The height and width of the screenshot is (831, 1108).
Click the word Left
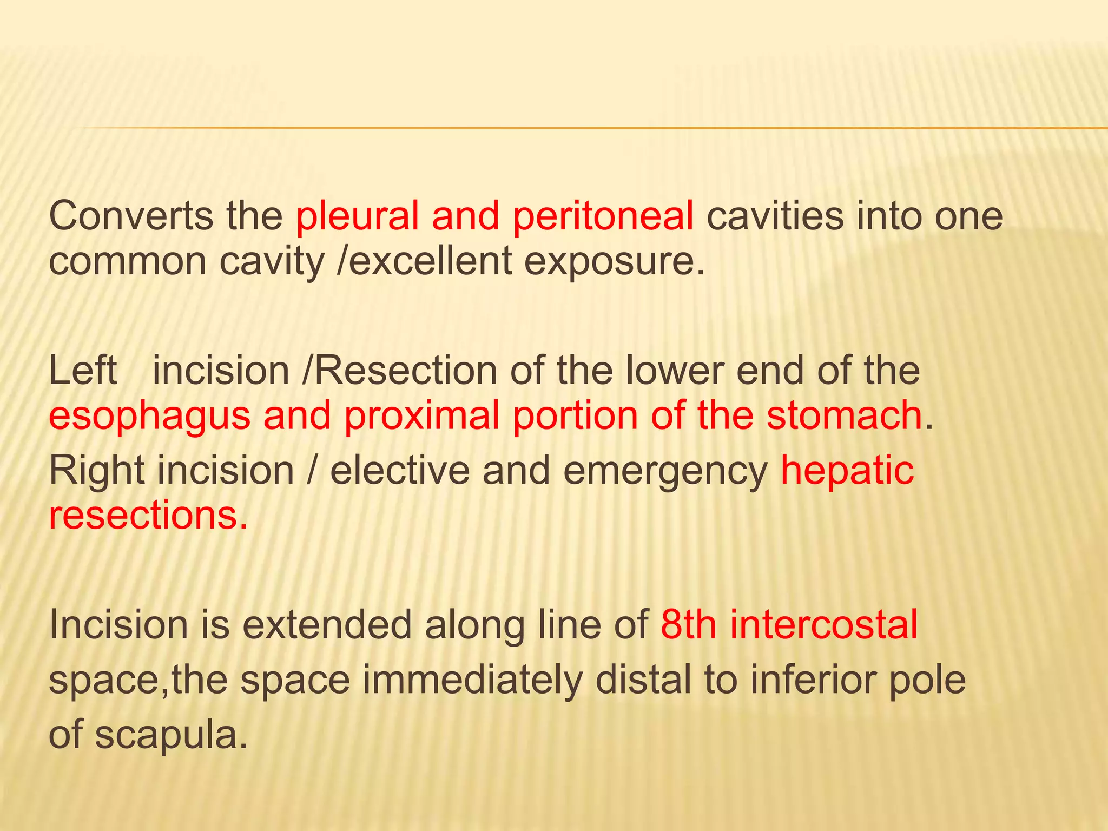click(x=83, y=371)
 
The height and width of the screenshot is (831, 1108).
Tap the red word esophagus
click(x=149, y=417)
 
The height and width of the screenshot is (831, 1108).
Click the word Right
click(x=97, y=471)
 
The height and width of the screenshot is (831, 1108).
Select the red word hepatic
click(x=847, y=471)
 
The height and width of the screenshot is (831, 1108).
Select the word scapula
click(x=167, y=736)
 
